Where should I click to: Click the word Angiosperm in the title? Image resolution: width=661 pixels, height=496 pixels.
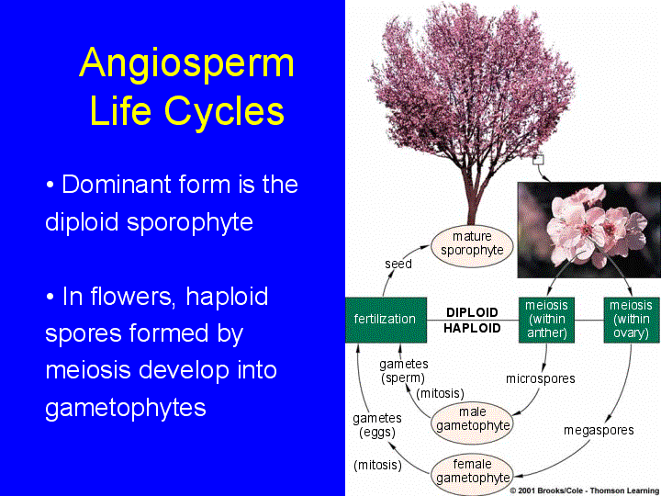(x=187, y=63)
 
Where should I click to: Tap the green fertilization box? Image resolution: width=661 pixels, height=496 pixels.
(x=385, y=319)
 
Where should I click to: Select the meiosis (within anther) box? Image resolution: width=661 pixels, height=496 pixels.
(x=545, y=319)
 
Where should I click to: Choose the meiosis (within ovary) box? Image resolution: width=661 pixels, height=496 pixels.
(x=631, y=319)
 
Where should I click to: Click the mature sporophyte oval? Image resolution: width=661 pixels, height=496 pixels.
(x=472, y=243)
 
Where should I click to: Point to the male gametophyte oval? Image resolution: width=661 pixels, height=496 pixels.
(x=472, y=419)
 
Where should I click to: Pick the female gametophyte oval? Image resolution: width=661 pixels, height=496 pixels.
(x=472, y=471)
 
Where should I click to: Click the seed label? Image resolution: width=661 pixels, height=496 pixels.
(x=398, y=264)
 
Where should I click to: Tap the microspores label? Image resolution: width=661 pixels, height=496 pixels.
(x=540, y=378)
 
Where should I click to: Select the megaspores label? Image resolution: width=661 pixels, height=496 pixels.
(x=599, y=430)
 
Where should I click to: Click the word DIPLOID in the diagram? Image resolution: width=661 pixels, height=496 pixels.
(x=473, y=312)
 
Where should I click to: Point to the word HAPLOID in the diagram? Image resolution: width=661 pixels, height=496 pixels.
(x=473, y=327)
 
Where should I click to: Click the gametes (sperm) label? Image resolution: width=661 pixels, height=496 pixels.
(x=403, y=371)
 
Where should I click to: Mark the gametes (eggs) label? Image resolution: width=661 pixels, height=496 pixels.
(x=376, y=425)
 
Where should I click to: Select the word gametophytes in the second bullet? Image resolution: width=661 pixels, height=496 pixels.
(x=126, y=407)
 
